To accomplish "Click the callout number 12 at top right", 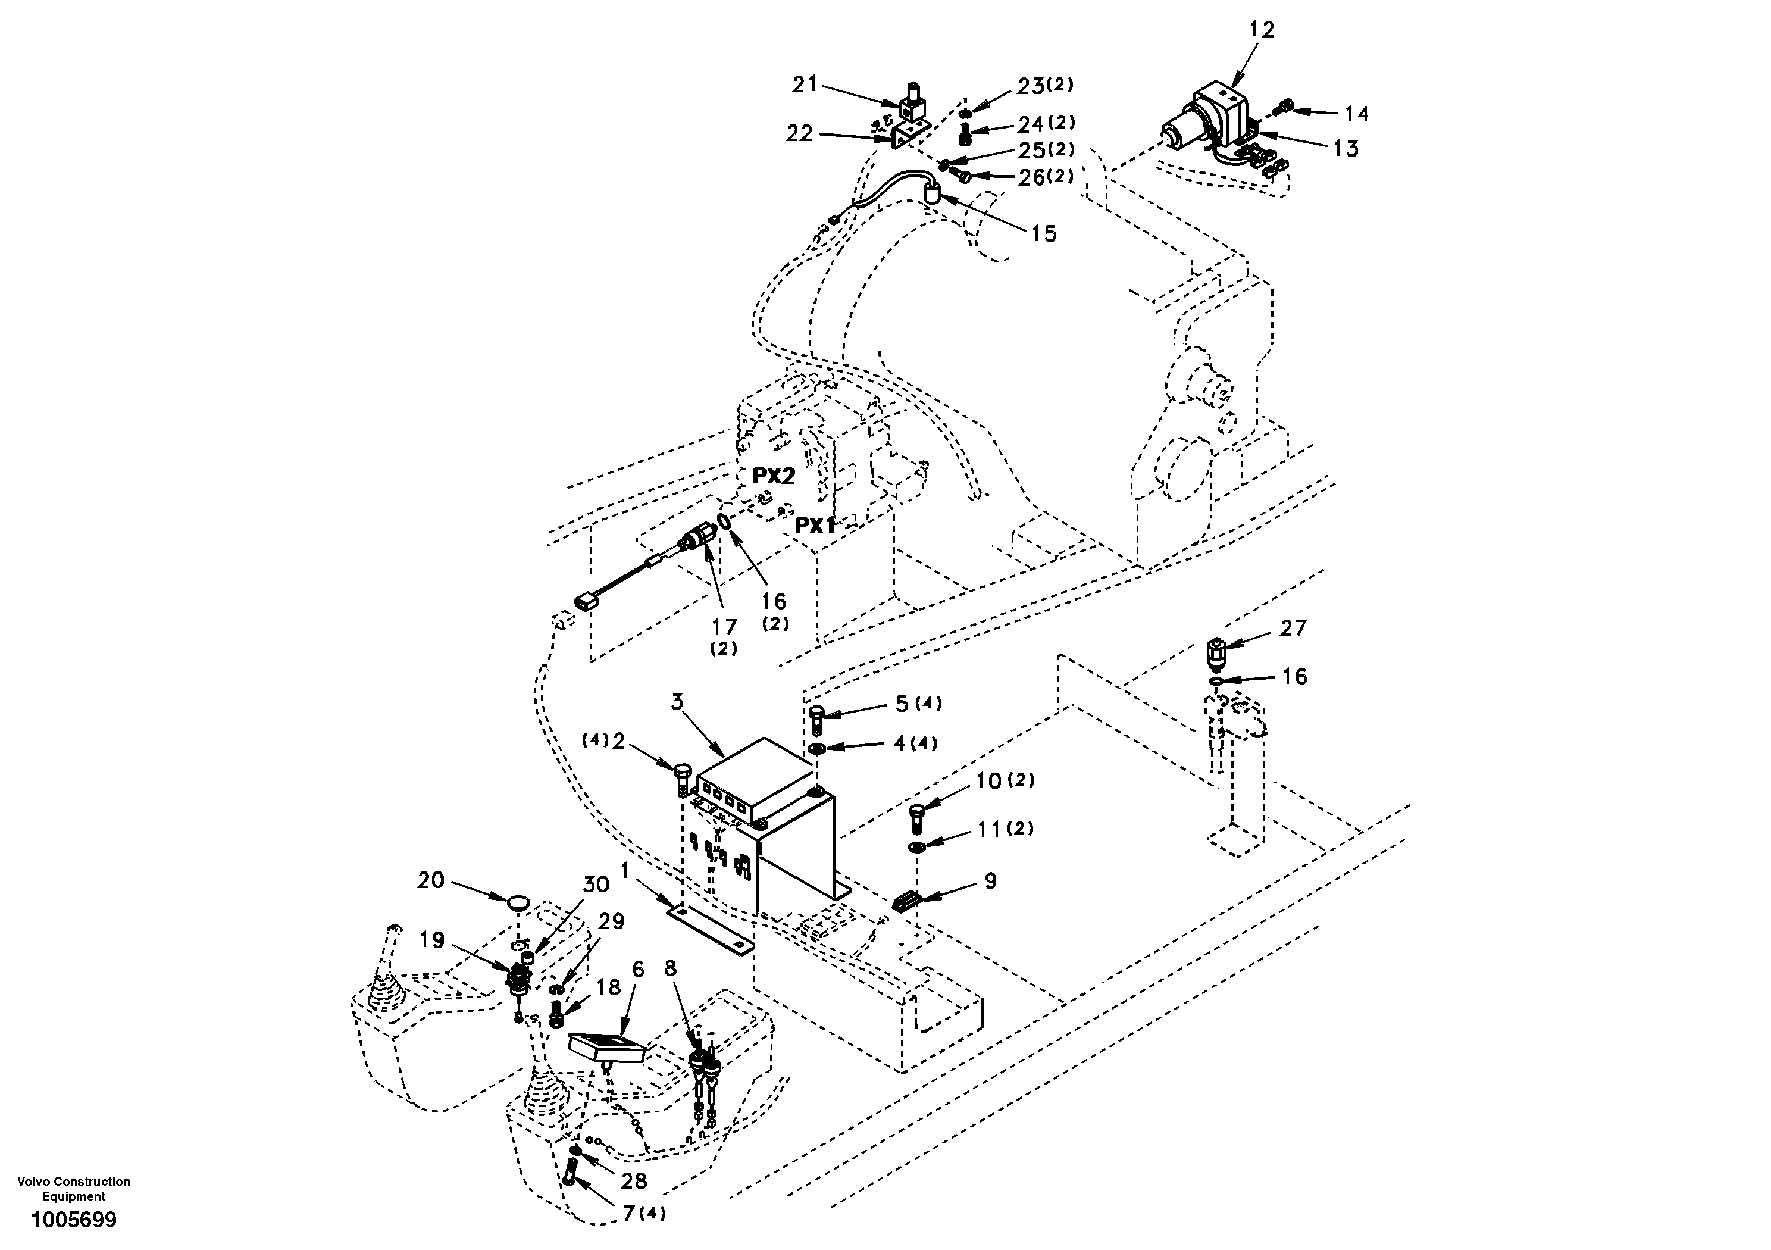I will (1262, 30).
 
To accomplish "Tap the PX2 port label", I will (773, 476).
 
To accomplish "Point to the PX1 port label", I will (815, 526).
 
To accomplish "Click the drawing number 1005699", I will (73, 1220).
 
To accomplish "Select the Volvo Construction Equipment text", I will (73, 1188).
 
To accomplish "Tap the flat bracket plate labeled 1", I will (709, 930).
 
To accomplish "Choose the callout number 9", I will (990, 880).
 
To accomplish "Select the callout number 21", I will (805, 84).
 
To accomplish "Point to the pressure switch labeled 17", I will (698, 536).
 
